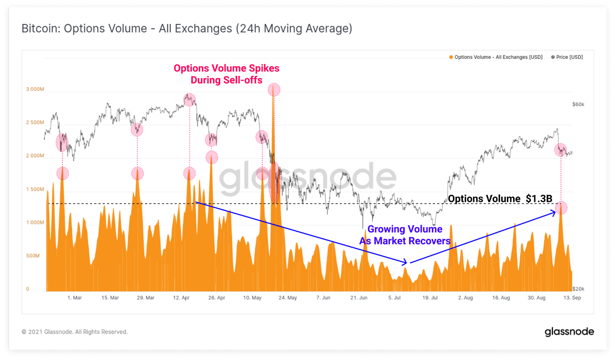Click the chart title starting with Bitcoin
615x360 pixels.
coord(187,29)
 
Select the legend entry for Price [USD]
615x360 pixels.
coord(567,57)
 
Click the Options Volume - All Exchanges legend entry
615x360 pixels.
coord(496,57)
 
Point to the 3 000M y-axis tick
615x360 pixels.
coord(35,89)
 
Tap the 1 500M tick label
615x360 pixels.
coord(35,190)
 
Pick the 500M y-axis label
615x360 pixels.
coord(33,256)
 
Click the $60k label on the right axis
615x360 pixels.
coord(578,104)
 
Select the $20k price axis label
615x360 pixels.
coord(578,289)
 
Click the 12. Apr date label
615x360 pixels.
coord(181,298)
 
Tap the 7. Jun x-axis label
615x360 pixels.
coord(323,298)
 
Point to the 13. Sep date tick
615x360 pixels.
coord(572,298)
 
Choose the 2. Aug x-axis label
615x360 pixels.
coord(465,298)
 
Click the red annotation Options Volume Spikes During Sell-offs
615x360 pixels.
coord(226,74)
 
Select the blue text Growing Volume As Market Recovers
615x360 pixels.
coord(405,235)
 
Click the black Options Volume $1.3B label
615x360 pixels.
coord(500,199)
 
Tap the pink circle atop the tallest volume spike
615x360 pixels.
coord(274,89)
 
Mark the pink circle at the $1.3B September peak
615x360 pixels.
coord(561,208)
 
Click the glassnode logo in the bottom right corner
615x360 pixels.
coord(569,332)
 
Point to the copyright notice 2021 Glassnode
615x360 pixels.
coord(74,332)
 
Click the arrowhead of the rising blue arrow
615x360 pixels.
coord(555,212)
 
